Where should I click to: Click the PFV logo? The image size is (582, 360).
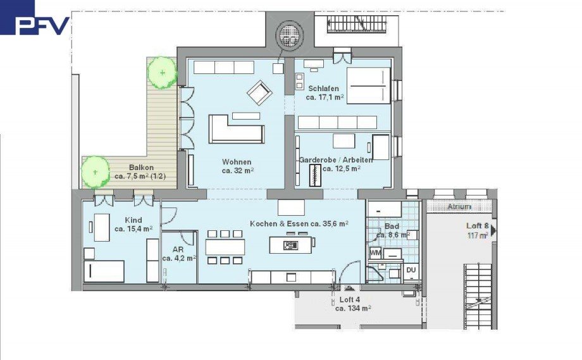[x=35, y=18]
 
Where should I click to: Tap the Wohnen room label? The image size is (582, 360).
[x=237, y=166]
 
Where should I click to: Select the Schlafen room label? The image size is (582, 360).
[x=324, y=93]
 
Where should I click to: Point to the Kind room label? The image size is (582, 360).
[x=133, y=225]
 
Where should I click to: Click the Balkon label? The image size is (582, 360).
[x=140, y=172]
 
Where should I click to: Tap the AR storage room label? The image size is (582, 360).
[x=178, y=254]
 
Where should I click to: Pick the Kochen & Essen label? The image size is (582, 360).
[x=299, y=224]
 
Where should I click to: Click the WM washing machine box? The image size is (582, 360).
[x=375, y=253]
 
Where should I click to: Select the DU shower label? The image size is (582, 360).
[x=411, y=270]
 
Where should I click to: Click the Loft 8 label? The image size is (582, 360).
[x=478, y=230]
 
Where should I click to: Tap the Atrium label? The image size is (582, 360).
[x=459, y=207]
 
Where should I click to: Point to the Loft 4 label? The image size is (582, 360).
[x=353, y=304]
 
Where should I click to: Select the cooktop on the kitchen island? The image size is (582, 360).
[x=290, y=245]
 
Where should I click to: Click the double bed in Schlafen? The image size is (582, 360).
[x=368, y=85]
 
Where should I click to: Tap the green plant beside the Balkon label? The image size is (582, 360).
[x=96, y=172]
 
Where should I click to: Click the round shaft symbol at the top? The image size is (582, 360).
[x=290, y=35]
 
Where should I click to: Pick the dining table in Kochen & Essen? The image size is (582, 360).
[x=225, y=247]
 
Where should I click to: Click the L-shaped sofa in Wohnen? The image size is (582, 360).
[x=237, y=130]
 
